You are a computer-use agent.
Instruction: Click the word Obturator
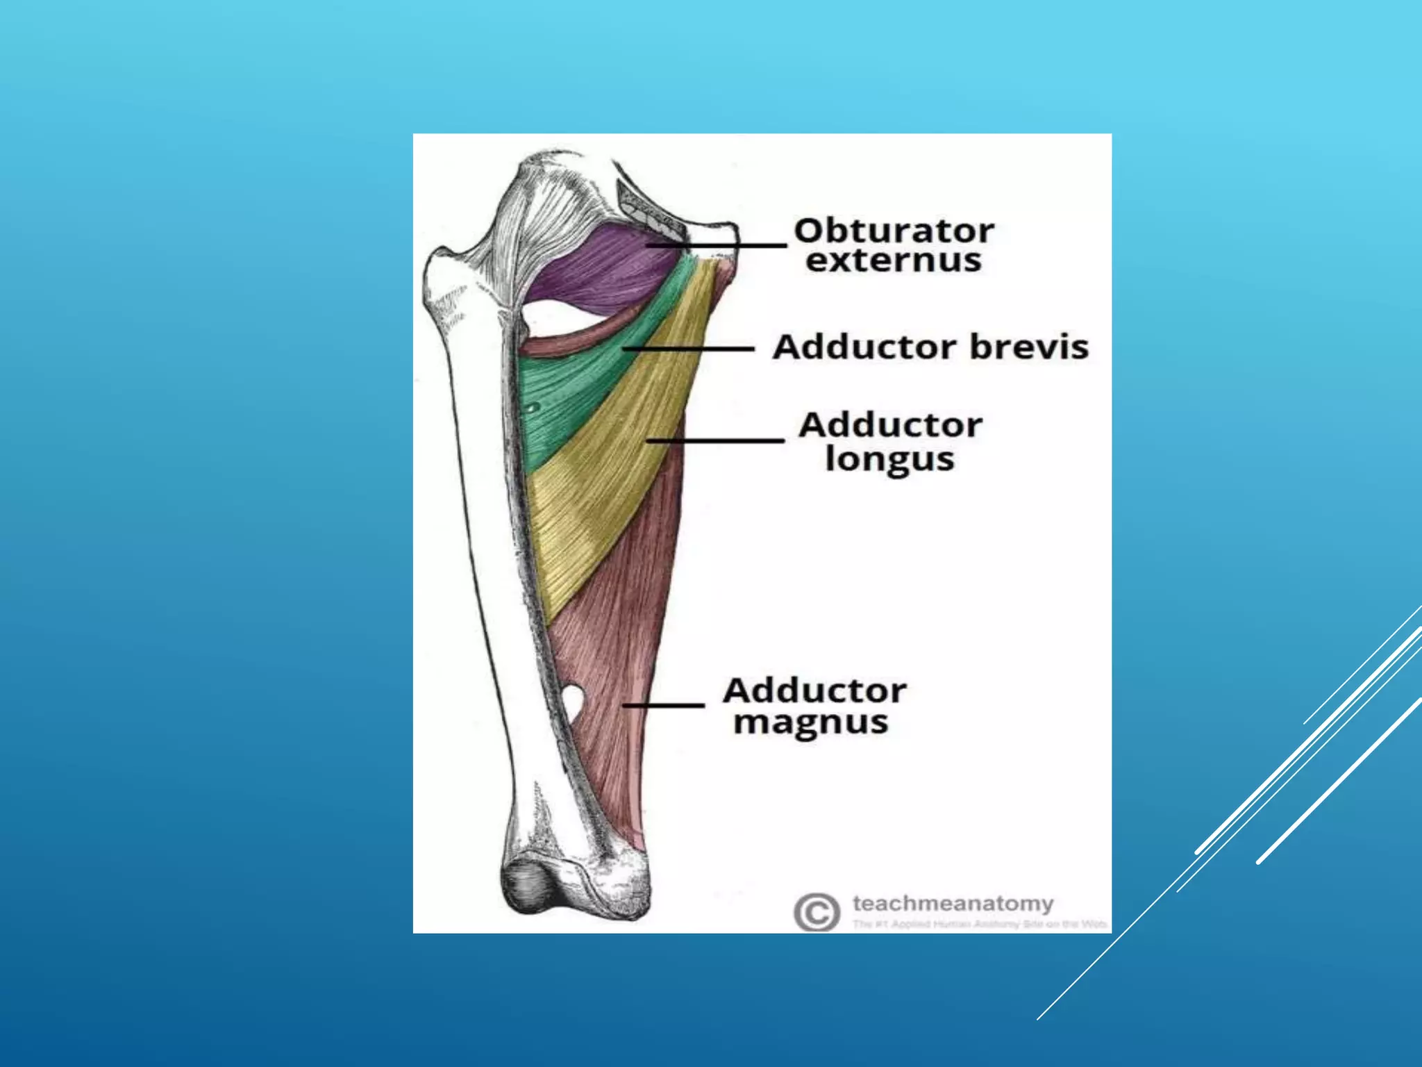pyautogui.click(x=894, y=231)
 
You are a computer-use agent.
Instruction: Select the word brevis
pyautogui.click(x=1029, y=347)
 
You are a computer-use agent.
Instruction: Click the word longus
pyautogui.click(x=889, y=459)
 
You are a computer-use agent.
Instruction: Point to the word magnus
pyautogui.click(x=810, y=722)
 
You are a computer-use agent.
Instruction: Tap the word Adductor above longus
pyautogui.click(x=890, y=425)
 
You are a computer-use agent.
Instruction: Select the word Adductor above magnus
pyautogui.click(x=814, y=690)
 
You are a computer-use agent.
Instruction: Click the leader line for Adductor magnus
pyautogui.click(x=664, y=706)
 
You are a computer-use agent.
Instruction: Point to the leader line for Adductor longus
pyautogui.click(x=715, y=440)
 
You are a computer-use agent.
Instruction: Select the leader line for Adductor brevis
pyautogui.click(x=687, y=348)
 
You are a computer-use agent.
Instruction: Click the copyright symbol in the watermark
pyautogui.click(x=816, y=911)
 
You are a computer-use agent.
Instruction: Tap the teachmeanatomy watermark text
pyautogui.click(x=953, y=904)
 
